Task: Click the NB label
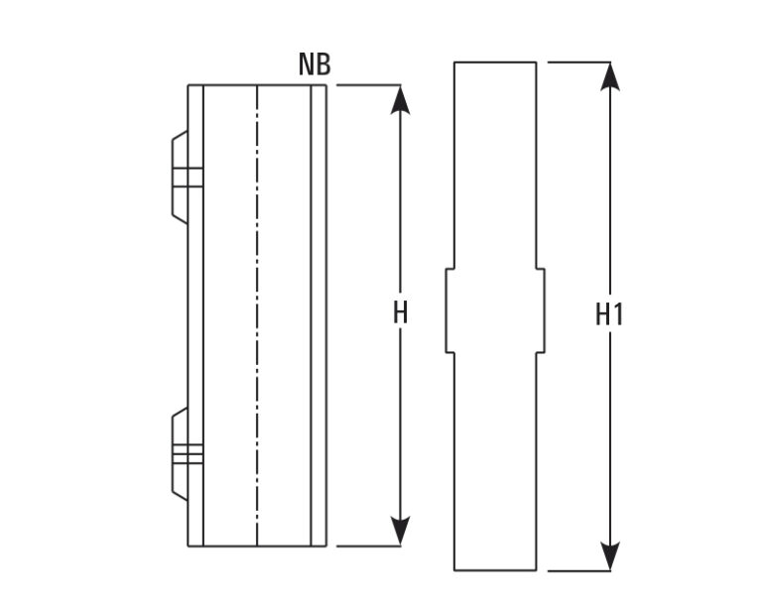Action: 315,64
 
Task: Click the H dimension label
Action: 400,312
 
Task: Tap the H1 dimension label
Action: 609,314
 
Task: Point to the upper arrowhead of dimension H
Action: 400,100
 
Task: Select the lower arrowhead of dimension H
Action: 400,531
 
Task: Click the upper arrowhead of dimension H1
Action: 610,76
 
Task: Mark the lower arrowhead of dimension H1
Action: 610,555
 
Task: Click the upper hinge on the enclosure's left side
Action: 181,178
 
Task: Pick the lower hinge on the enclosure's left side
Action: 181,454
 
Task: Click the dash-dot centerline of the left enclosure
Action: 257,315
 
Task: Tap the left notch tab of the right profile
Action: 450,310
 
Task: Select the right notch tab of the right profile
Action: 541,310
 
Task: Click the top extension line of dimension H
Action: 368,85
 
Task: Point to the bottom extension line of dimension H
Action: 368,546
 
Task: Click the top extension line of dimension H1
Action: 578,62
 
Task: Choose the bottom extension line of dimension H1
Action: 578,570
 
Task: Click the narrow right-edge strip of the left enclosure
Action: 318,315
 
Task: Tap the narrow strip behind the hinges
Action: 195,315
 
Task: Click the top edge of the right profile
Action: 495,62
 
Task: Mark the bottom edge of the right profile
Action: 495,570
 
